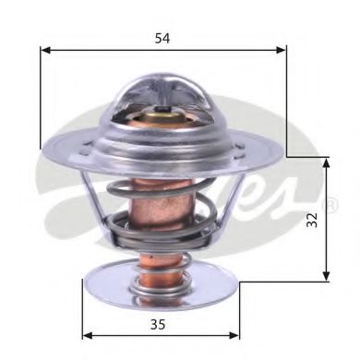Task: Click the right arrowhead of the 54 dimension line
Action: pyautogui.click(x=282, y=52)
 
